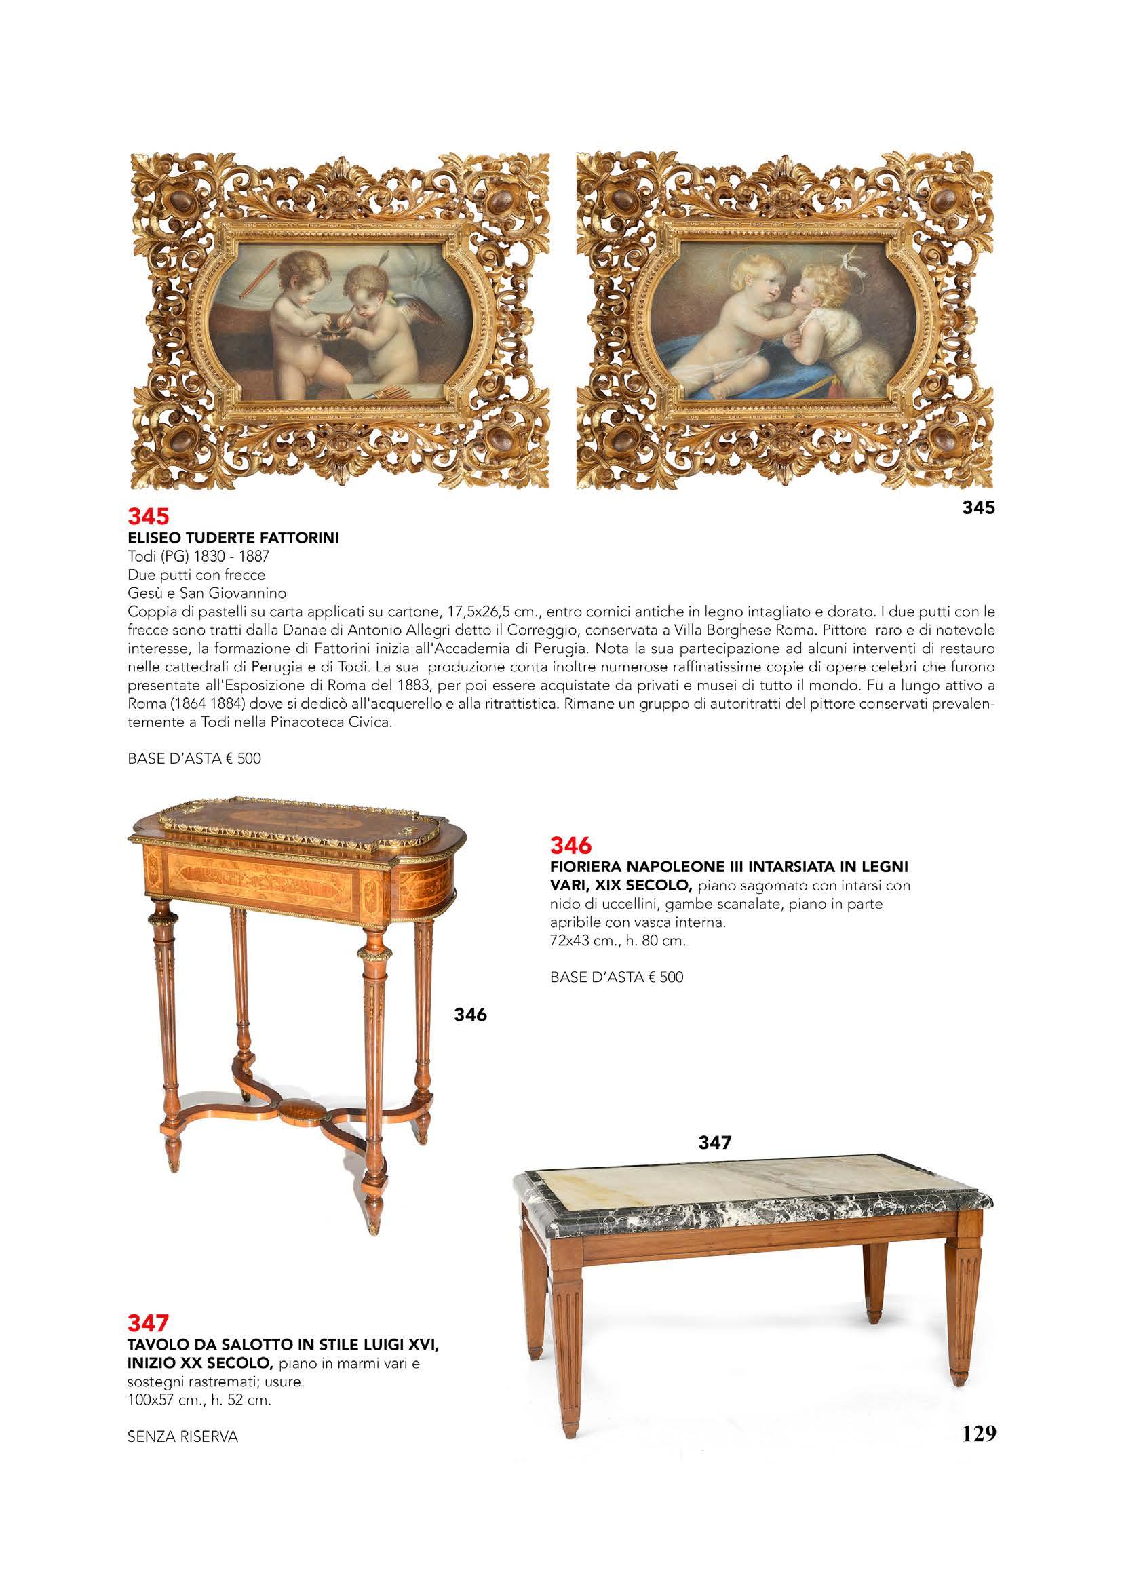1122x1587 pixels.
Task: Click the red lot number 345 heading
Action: [149, 517]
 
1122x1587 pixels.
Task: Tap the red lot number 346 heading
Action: [570, 845]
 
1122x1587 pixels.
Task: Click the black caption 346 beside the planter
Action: [470, 1015]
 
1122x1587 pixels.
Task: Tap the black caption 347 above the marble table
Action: [715, 1143]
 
